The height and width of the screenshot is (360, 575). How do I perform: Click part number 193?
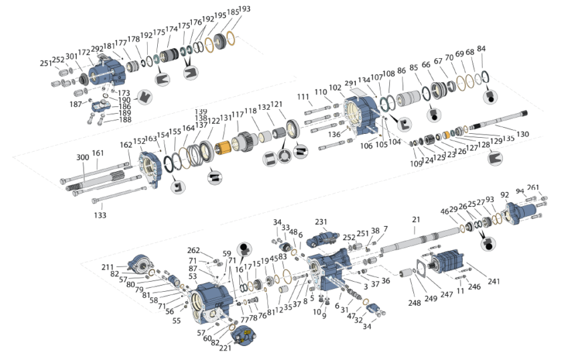click(x=244, y=9)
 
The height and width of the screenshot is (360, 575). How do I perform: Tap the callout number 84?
click(x=481, y=49)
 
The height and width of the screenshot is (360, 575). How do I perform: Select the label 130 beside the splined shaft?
click(x=522, y=134)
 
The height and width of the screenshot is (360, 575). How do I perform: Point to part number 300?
click(x=82, y=157)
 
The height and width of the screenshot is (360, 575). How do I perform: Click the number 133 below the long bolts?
click(x=100, y=215)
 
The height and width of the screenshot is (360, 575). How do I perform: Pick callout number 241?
click(x=493, y=282)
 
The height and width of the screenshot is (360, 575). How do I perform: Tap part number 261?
click(x=533, y=188)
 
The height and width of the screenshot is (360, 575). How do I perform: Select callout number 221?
click(x=225, y=349)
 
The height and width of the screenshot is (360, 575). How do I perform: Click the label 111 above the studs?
click(x=304, y=96)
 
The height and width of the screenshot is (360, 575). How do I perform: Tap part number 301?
click(x=70, y=56)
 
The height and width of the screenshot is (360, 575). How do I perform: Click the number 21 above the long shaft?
click(x=416, y=219)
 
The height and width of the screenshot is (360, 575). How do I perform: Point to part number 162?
click(x=126, y=145)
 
